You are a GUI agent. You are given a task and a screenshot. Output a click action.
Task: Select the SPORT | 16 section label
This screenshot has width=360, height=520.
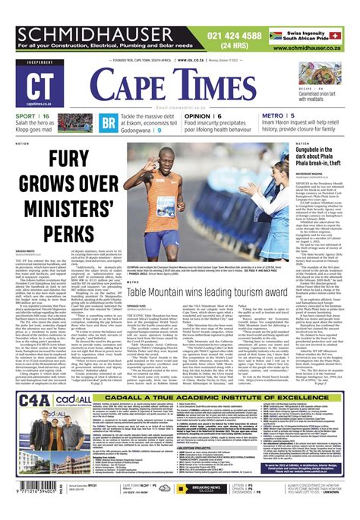pos(34,116)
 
